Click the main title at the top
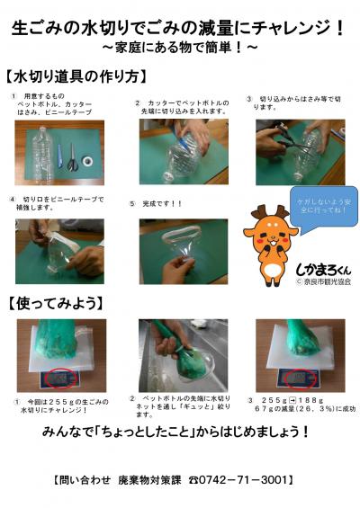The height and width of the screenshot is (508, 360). click(179, 27)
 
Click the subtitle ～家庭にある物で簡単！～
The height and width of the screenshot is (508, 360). click(180, 45)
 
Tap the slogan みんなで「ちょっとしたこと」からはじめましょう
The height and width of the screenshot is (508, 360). click(180, 432)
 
